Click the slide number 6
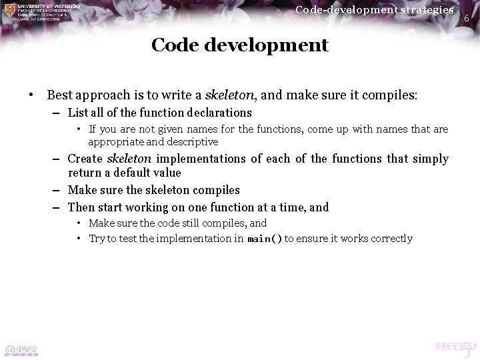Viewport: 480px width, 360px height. pyautogui.click(x=467, y=18)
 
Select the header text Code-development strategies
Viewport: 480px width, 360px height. pyautogui.click(x=374, y=9)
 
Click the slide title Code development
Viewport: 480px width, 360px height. pyautogui.click(x=239, y=45)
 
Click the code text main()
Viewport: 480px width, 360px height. pyautogui.click(x=265, y=239)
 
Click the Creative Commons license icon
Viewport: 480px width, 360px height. pyautogui.click(x=21, y=349)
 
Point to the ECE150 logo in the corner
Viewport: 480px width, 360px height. pyautogui.click(x=454, y=347)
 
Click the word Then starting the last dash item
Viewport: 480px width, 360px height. pyautogui.click(x=82, y=207)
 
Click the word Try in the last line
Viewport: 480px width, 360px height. pyautogui.click(x=97, y=239)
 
